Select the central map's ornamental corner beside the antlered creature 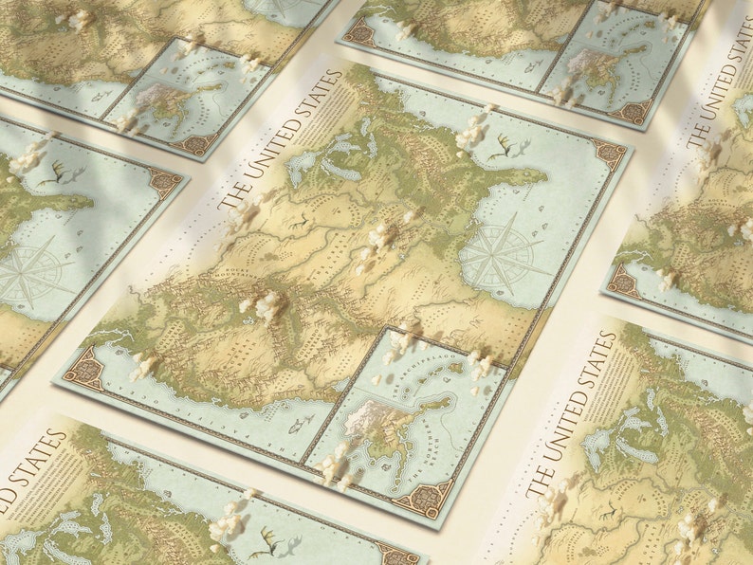point(607,152)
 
